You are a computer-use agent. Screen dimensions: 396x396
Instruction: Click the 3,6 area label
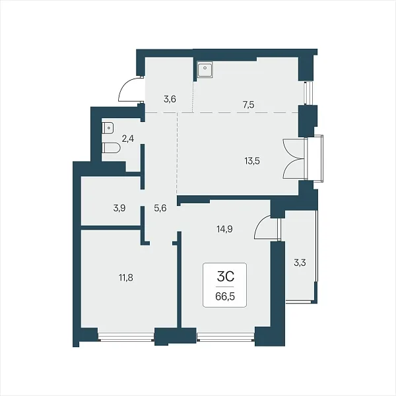coord(170,99)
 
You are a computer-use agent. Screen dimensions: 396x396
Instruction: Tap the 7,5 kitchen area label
coord(249,104)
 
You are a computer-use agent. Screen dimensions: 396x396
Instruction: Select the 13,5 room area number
coord(252,160)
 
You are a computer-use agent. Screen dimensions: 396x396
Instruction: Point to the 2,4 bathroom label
coord(128,139)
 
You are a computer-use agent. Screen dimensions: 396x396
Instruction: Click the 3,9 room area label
coord(119,209)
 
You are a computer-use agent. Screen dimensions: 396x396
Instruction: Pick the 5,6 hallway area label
coord(160,209)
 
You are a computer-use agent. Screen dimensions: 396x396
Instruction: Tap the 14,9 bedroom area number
coord(225,229)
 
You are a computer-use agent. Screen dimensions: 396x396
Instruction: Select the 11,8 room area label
coord(126,278)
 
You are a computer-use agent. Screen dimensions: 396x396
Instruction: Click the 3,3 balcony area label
coord(300,263)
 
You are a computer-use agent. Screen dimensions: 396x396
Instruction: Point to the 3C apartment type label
coord(226,277)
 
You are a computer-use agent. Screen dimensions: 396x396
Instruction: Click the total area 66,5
coord(225,296)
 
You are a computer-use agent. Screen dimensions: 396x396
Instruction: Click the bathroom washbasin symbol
coord(108,128)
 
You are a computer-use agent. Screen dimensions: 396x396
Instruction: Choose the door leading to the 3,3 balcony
coord(263,227)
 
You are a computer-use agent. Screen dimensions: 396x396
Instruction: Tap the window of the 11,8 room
coord(126,337)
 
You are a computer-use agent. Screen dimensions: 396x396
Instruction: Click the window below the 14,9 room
coord(226,337)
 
